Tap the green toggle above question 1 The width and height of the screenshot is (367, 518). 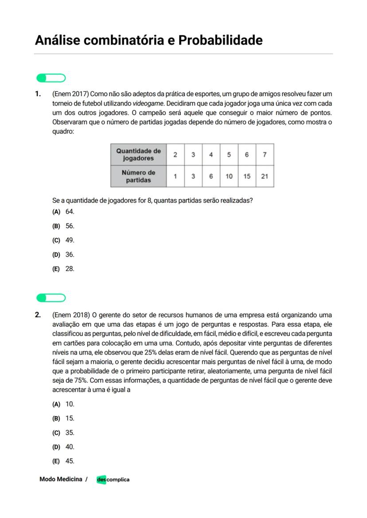click(51, 78)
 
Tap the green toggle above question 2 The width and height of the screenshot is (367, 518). click(51, 298)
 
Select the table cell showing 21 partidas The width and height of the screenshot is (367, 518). click(265, 176)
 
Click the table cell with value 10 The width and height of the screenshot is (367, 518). click(229, 176)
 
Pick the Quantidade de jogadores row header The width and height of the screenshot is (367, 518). click(138, 154)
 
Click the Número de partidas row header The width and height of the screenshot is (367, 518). click(138, 176)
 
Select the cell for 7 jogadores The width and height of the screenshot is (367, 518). click(265, 155)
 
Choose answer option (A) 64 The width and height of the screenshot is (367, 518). click(63, 212)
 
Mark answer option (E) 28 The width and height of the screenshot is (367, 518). click(63, 269)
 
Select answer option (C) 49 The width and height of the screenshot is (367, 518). click(63, 241)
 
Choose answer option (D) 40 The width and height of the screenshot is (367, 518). click(63, 447)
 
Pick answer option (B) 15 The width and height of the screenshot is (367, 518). click(63, 418)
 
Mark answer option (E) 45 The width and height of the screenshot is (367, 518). click(63, 461)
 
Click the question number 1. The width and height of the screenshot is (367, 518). click(38, 94)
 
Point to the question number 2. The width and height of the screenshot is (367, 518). click(38, 315)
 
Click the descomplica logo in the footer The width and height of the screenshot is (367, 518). click(113, 479)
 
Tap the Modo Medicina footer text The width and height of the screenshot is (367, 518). click(61, 479)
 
